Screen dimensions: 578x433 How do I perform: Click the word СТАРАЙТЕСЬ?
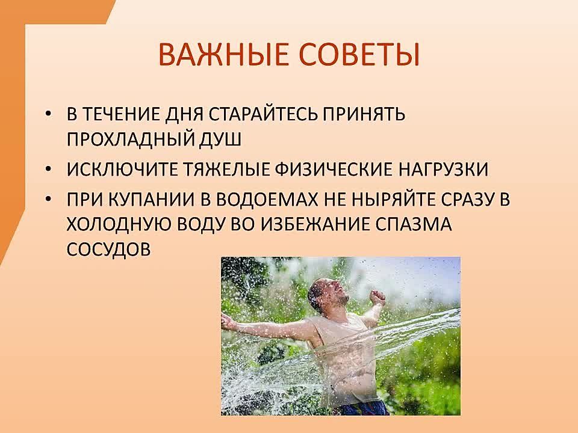[x=263, y=114]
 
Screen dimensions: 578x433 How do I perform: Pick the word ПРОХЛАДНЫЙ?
[x=130, y=140]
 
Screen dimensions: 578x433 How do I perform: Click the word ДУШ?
[x=220, y=140]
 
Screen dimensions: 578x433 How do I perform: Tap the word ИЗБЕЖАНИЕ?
[x=317, y=224]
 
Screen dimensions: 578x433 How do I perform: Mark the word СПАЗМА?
[x=414, y=224]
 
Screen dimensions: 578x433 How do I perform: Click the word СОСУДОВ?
[x=109, y=249]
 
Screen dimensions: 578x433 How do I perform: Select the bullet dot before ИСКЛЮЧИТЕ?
[x=48, y=170]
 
